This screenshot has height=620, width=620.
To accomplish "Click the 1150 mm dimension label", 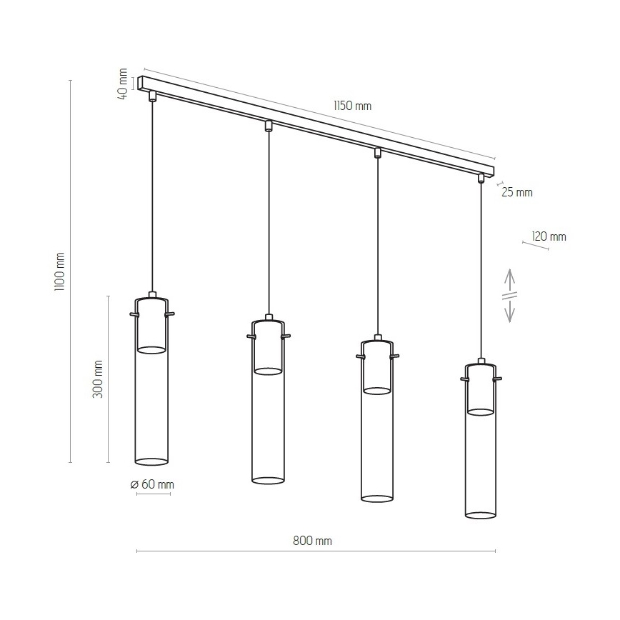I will click(352, 106).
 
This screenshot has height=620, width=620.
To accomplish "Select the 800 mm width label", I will click(312, 541).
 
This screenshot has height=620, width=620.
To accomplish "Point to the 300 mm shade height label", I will click(98, 379).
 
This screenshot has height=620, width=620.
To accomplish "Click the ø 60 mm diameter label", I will click(152, 484).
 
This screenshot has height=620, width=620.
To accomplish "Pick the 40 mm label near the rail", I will click(124, 84).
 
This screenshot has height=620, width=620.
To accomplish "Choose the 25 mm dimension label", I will click(517, 192).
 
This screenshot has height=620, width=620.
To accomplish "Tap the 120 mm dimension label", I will click(549, 236).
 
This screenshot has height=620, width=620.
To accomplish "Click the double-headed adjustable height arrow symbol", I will click(510, 295).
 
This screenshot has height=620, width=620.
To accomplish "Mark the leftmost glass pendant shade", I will click(151, 386).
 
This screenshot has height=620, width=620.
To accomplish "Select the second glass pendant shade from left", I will click(268, 407).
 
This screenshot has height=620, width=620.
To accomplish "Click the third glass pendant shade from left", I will click(377, 425).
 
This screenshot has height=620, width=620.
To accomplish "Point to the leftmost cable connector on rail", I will click(151, 96).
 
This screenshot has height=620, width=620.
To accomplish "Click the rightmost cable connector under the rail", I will click(481, 178).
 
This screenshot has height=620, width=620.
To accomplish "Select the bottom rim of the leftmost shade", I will click(151, 461).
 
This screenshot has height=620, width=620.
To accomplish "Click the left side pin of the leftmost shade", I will click(133, 314).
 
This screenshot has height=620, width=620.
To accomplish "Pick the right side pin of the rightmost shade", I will click(499, 379).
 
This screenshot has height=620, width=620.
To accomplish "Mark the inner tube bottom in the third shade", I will click(377, 390).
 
